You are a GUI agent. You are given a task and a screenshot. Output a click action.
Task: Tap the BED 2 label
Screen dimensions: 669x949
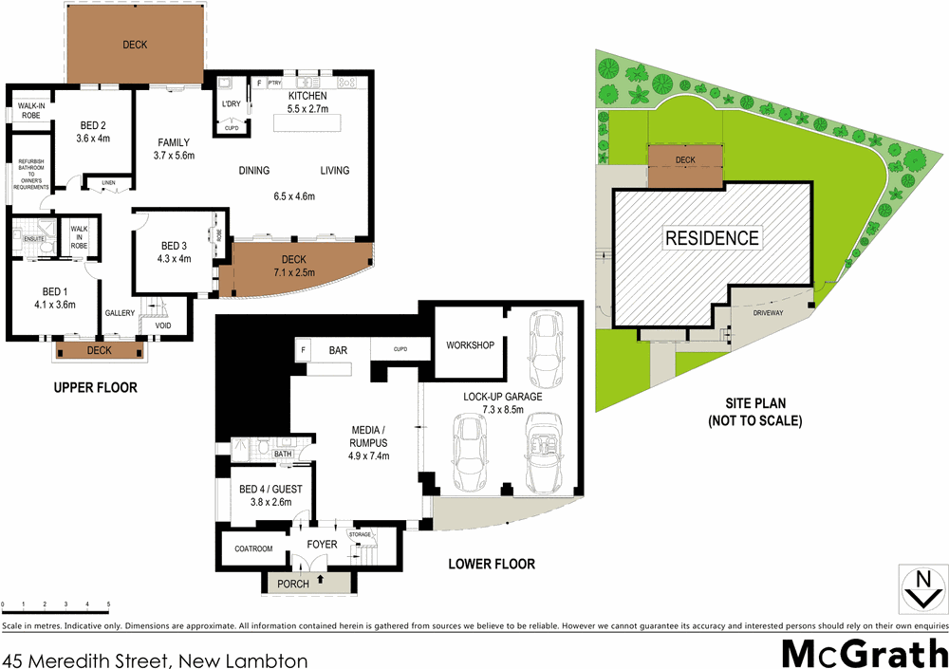(x=92, y=125)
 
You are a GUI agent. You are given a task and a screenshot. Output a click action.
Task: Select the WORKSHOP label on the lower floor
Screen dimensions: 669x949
(x=470, y=345)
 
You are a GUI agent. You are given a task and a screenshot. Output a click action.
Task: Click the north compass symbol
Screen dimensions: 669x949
(x=921, y=588)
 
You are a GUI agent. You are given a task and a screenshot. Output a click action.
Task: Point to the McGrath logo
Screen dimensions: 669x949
(x=864, y=654)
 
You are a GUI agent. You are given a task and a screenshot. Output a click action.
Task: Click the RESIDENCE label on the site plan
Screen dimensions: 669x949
(x=712, y=238)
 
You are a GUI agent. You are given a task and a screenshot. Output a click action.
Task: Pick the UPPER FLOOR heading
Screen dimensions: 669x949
(x=95, y=387)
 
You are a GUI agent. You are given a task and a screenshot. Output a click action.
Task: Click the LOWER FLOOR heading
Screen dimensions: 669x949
(x=491, y=564)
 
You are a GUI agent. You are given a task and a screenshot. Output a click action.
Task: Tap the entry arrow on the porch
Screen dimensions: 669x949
(x=320, y=577)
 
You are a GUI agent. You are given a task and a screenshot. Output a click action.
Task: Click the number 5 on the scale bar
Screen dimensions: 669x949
(x=108, y=604)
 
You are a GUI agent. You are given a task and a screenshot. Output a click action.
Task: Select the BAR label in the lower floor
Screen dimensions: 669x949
(x=337, y=351)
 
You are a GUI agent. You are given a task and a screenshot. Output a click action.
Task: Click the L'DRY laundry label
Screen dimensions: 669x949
(x=231, y=103)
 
